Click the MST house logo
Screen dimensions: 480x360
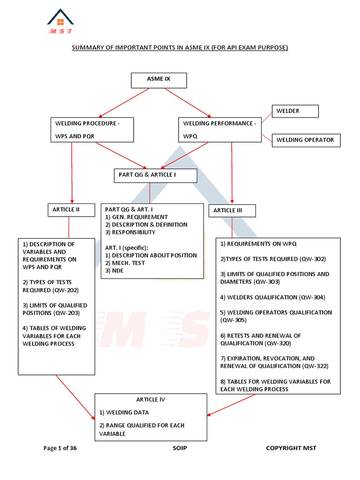click(60, 22)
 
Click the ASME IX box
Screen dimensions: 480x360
click(159, 80)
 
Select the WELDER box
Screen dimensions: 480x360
click(295, 111)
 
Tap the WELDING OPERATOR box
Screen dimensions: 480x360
click(306, 140)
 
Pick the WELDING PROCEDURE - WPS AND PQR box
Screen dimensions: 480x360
click(92, 130)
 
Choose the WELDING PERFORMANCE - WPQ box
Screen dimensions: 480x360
click(220, 130)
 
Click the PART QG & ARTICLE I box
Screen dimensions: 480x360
click(155, 176)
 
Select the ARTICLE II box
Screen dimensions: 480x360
click(68, 210)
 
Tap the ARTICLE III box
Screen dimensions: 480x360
click(232, 211)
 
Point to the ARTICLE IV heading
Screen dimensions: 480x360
click(150, 400)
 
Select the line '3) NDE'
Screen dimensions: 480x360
click(115, 270)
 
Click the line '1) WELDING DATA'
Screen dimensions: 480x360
click(124, 412)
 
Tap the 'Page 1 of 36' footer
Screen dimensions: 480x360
click(60, 448)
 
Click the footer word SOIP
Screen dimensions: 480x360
click(180, 448)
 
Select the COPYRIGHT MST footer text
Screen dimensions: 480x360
click(291, 448)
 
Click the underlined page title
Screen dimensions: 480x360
click(180, 48)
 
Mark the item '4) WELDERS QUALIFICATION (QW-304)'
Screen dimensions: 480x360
click(272, 297)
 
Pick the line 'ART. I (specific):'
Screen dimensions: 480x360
click(127, 247)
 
